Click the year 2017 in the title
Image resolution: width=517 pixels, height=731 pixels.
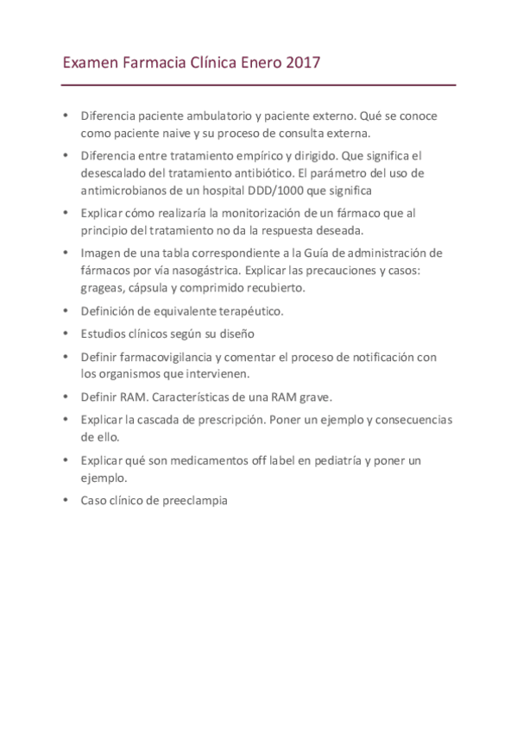pos(302,63)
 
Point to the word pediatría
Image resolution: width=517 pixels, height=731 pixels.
pos(331,460)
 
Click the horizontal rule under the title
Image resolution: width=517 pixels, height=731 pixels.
pos(258,85)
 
